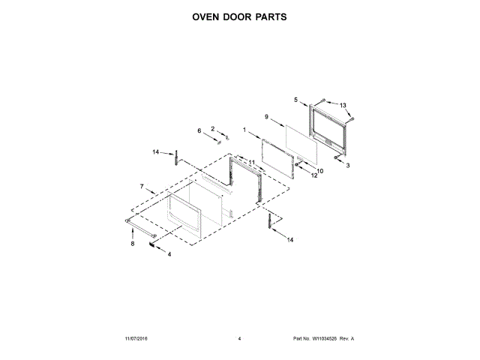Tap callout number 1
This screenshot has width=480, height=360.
[x=244, y=130]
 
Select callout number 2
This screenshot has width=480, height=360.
[x=212, y=128]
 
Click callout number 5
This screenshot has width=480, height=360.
[x=295, y=100]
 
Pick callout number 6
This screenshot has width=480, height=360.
[x=200, y=131]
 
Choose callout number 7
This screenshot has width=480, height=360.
[x=141, y=185]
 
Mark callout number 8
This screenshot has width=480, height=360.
[x=133, y=244]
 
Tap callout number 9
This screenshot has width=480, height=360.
[x=266, y=116]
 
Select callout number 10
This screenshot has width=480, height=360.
[x=319, y=171]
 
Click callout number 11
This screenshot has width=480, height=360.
[x=252, y=163]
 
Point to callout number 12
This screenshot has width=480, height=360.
[x=314, y=176]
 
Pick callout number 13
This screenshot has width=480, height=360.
[x=343, y=105]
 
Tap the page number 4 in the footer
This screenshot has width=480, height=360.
[x=239, y=339]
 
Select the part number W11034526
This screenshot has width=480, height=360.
[x=327, y=339]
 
